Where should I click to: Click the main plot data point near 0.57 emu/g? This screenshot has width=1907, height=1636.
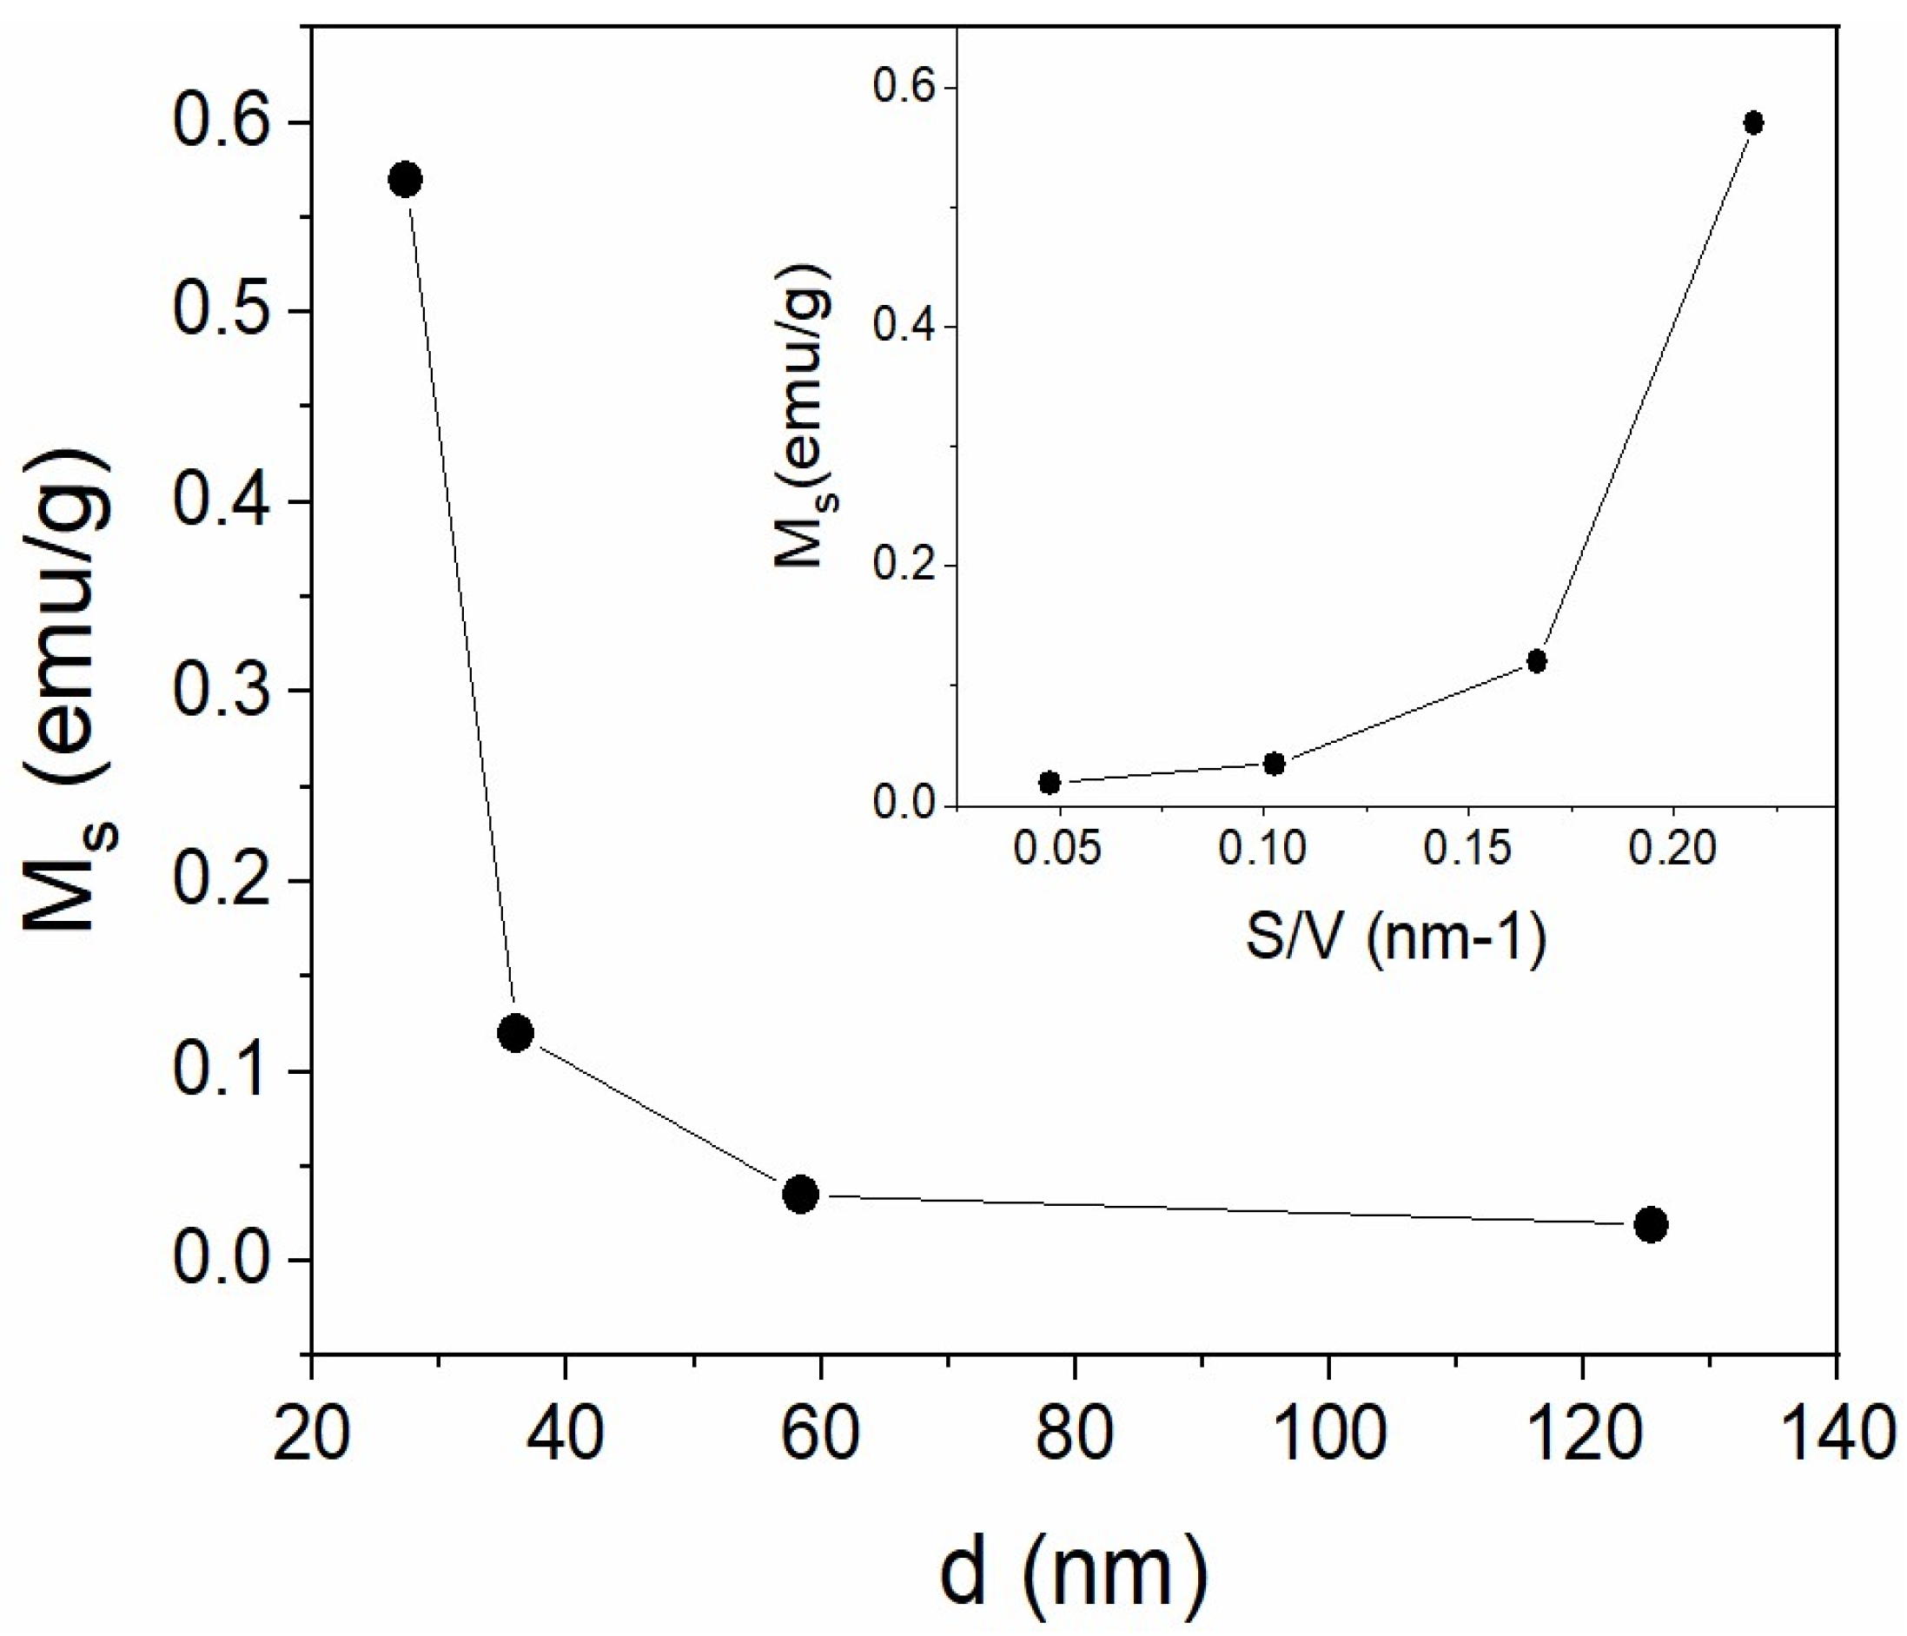click(406, 180)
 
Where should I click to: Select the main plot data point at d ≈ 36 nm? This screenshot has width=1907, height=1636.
click(514, 1033)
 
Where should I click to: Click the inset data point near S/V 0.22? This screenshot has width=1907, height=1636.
click(1753, 123)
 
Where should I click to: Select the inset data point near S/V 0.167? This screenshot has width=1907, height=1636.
click(1536, 660)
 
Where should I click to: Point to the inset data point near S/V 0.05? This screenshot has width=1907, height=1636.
click(1050, 783)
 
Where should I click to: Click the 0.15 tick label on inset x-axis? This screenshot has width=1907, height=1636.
click(1468, 850)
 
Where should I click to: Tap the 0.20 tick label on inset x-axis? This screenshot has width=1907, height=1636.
click(1672, 850)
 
